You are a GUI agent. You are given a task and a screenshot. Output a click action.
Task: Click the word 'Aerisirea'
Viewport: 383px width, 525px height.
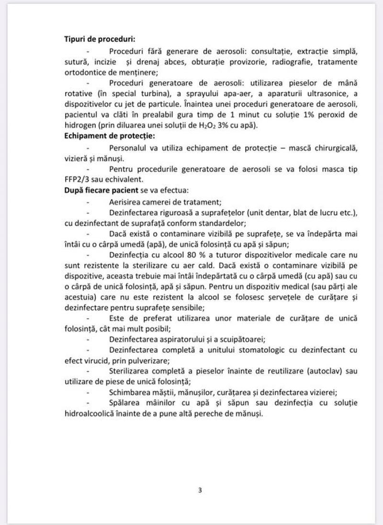click(126, 201)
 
